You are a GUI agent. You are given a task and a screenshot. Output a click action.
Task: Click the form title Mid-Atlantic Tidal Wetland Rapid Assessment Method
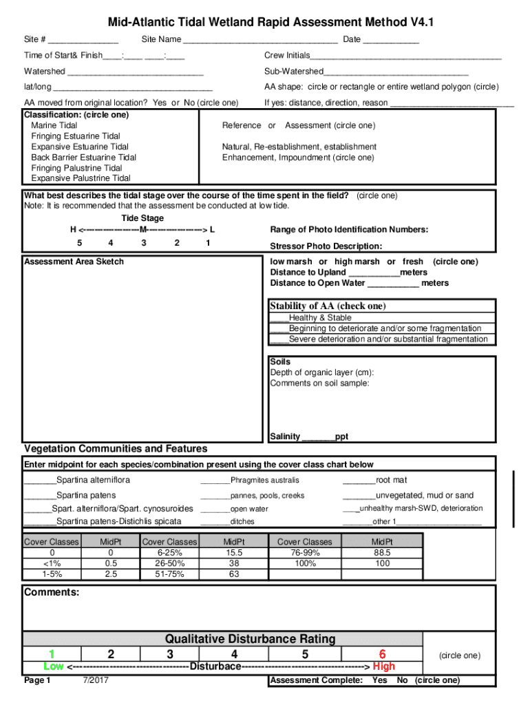(264, 23)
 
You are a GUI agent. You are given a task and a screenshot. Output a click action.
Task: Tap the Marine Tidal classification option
(54, 125)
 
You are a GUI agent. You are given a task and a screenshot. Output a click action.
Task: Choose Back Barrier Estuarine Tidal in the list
(83, 157)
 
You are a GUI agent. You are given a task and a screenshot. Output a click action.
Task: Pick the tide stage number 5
(79, 243)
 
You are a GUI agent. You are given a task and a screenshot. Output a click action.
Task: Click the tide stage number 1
(207, 243)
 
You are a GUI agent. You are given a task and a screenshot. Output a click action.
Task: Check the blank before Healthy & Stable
(279, 318)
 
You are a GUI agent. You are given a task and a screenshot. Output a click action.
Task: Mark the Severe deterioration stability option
(279, 339)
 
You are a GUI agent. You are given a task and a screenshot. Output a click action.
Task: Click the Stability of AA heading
(328, 306)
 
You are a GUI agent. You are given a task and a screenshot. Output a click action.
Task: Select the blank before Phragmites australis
(215, 481)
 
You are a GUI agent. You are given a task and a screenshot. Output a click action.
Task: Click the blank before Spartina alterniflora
(40, 480)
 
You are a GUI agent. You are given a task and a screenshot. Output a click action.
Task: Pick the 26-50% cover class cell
(169, 563)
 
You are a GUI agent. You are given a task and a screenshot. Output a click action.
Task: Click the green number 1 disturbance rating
(52, 654)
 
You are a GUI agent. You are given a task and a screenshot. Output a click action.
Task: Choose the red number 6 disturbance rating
(382, 654)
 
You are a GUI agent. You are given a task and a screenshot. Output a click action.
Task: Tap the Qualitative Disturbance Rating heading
(250, 639)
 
